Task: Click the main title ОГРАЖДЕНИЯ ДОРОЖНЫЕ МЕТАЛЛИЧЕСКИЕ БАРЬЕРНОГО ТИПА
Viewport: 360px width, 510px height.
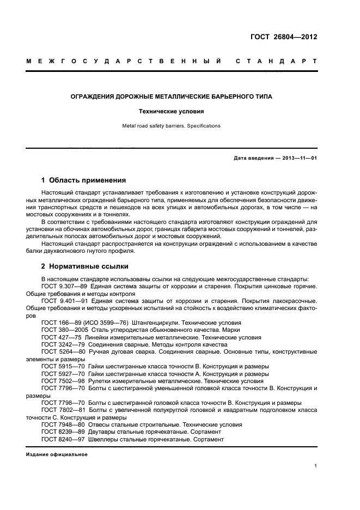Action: (x=172, y=96)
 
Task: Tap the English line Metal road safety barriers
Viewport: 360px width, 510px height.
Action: (x=172, y=126)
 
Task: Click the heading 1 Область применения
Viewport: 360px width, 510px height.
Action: (x=84, y=180)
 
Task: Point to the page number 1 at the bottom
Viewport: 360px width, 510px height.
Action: (x=316, y=466)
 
